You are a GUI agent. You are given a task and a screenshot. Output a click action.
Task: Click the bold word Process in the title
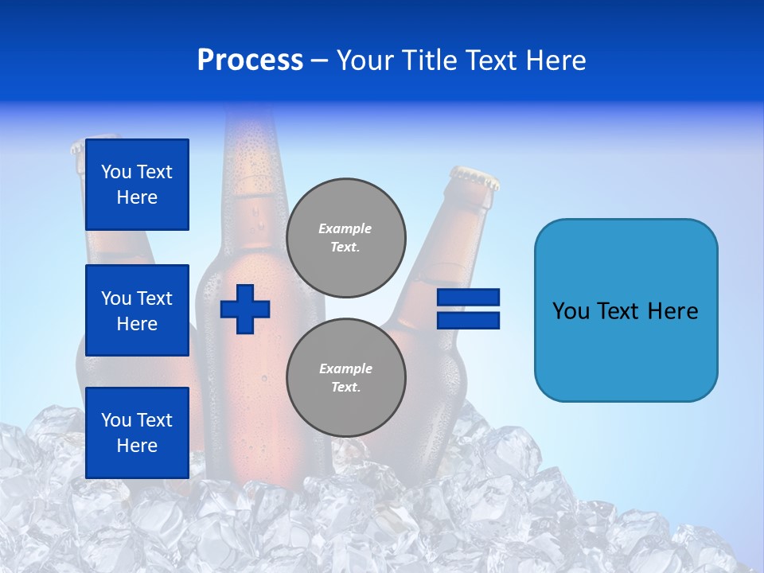(x=250, y=60)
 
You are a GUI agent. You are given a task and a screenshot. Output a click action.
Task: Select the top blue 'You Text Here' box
(x=137, y=185)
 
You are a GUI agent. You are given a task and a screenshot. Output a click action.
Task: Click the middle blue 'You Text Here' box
(x=137, y=310)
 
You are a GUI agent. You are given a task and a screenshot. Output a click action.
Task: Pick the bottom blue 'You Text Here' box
(x=137, y=433)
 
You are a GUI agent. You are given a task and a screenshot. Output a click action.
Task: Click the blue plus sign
(x=245, y=308)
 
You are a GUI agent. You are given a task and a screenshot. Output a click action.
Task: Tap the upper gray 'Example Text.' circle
(x=346, y=238)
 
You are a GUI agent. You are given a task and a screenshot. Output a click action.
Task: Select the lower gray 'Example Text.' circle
(x=346, y=378)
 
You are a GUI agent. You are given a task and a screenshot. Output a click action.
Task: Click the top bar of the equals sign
(x=468, y=298)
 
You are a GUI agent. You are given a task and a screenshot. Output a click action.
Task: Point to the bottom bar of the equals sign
(x=468, y=320)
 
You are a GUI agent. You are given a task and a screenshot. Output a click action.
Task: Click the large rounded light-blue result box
(x=626, y=310)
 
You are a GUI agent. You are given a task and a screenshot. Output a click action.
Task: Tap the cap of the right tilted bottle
(x=475, y=177)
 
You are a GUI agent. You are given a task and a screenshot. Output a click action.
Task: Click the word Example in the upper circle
(x=345, y=229)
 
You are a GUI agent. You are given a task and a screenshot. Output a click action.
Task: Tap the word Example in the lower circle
(x=345, y=369)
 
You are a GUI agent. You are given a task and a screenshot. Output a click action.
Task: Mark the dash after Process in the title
(x=319, y=61)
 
